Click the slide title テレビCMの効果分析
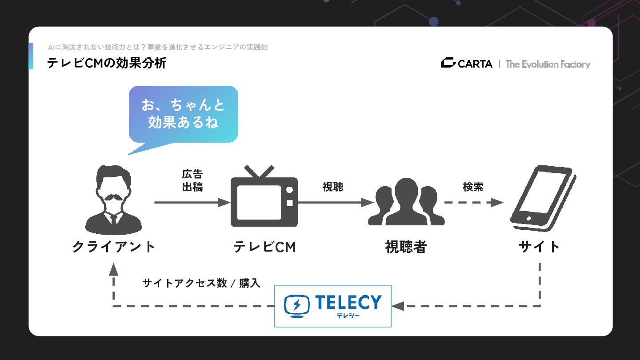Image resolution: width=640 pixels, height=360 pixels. click(x=107, y=64)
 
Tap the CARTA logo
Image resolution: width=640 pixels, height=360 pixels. click(x=467, y=64)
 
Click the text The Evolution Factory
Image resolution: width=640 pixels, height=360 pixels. click(x=548, y=64)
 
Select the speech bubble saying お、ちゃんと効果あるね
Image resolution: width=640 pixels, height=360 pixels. click(x=183, y=114)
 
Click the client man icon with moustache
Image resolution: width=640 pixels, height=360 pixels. click(x=113, y=200)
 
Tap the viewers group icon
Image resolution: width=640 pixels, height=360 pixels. click(x=406, y=202)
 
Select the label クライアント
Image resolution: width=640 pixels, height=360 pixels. click(x=114, y=247)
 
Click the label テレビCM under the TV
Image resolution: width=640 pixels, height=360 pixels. click(x=264, y=247)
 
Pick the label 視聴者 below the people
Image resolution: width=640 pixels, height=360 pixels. click(x=406, y=247)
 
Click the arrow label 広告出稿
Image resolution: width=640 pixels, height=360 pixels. click(x=192, y=180)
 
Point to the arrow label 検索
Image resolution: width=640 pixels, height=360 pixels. click(x=473, y=187)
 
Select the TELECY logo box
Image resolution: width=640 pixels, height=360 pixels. click(x=332, y=306)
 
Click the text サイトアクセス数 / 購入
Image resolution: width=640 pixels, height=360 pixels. click(x=201, y=283)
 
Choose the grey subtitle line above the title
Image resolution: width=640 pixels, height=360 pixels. click(x=158, y=47)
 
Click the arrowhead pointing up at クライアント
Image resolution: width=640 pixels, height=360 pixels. click(x=114, y=268)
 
